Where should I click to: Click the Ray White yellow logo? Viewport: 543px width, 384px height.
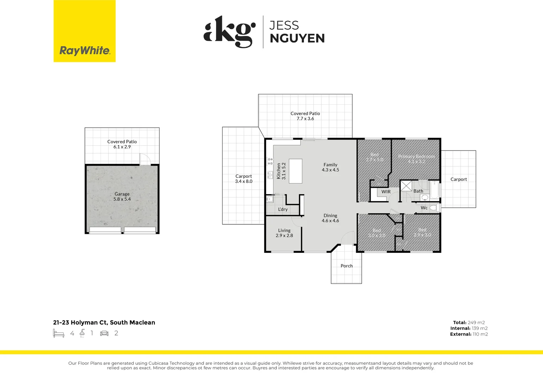pyautogui.click(x=85, y=31)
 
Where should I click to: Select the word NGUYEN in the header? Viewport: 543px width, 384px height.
pyautogui.click(x=297, y=38)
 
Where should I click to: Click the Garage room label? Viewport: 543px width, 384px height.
pyautogui.click(x=122, y=194)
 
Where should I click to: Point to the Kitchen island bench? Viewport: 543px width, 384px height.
pyautogui.click(x=295, y=171)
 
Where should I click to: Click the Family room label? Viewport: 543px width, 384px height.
pyautogui.click(x=330, y=165)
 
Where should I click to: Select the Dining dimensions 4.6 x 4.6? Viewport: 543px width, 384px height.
pyautogui.click(x=330, y=221)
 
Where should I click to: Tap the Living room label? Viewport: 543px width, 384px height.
pyautogui.click(x=284, y=230)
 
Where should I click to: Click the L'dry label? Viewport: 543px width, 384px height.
pyautogui.click(x=283, y=209)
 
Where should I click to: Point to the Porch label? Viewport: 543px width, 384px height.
pyautogui.click(x=346, y=266)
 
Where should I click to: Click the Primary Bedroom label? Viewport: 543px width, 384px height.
pyautogui.click(x=416, y=156)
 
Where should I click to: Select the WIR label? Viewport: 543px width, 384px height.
pyautogui.click(x=386, y=192)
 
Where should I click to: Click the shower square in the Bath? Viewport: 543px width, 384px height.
pyautogui.click(x=407, y=186)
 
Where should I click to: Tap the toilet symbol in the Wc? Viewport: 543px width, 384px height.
pyautogui.click(x=433, y=208)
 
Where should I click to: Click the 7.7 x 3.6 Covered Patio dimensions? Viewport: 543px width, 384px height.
pyautogui.click(x=305, y=119)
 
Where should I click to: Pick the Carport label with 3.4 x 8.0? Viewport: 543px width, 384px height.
pyautogui.click(x=244, y=176)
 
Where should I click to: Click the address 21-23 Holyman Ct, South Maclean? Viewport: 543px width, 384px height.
pyautogui.click(x=104, y=322)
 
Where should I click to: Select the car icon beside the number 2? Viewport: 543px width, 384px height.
pyautogui.click(x=104, y=333)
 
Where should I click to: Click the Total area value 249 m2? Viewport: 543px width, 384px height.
pyautogui.click(x=476, y=322)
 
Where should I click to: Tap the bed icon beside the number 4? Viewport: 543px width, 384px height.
pyautogui.click(x=59, y=333)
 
